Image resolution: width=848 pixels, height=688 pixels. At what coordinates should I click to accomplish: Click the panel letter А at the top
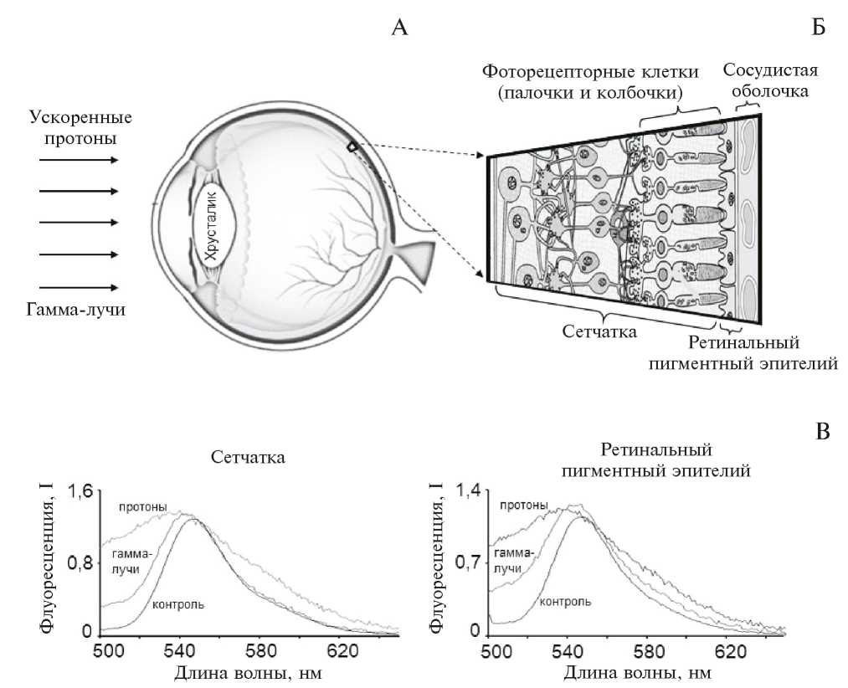[x=400, y=28]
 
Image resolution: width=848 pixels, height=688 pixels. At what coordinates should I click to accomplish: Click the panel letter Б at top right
[x=819, y=28]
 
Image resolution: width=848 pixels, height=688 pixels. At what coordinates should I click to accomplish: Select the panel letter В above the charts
[x=823, y=433]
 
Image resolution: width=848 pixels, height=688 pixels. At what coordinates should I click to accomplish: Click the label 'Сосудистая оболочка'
[x=769, y=80]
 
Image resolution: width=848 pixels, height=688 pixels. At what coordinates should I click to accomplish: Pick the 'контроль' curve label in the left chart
[x=177, y=604]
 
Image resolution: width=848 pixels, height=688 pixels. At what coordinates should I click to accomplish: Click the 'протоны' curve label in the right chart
[x=523, y=505]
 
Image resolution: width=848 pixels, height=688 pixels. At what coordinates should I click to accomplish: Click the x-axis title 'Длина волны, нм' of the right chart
[x=638, y=672]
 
